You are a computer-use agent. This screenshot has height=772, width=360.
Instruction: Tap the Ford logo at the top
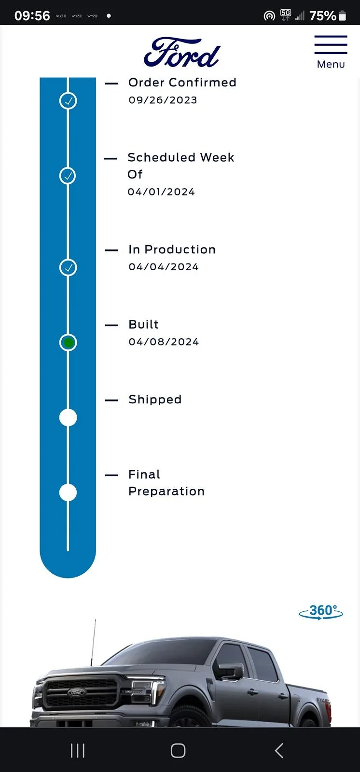point(181,53)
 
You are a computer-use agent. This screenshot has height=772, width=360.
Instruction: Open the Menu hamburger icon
point(331,45)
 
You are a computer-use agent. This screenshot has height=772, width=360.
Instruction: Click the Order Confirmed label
point(182,83)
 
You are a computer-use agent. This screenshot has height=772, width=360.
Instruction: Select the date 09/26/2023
point(163,100)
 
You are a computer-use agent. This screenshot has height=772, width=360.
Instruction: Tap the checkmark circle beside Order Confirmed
point(68,101)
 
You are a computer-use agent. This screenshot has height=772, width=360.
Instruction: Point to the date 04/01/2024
point(161,192)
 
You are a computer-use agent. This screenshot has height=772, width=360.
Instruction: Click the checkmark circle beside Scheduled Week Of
point(68,176)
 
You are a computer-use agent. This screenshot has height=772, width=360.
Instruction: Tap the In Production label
point(172,249)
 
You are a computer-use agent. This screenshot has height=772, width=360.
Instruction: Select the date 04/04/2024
point(164,267)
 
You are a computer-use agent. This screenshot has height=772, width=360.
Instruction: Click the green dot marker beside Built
point(68,343)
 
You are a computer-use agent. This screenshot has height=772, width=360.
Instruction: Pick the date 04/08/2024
point(164,342)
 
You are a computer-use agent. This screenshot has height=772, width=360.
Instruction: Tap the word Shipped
point(155,400)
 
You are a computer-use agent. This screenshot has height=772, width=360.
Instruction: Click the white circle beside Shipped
point(68,417)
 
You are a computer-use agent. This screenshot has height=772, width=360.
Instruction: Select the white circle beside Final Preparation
point(68,493)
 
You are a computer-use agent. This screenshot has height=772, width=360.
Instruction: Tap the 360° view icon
point(321,612)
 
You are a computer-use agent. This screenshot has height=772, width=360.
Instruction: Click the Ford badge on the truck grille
point(76,692)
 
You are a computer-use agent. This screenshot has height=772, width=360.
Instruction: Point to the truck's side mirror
point(230,670)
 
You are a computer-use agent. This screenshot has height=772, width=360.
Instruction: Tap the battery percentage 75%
point(322,16)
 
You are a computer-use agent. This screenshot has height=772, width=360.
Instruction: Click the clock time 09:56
point(32,16)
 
